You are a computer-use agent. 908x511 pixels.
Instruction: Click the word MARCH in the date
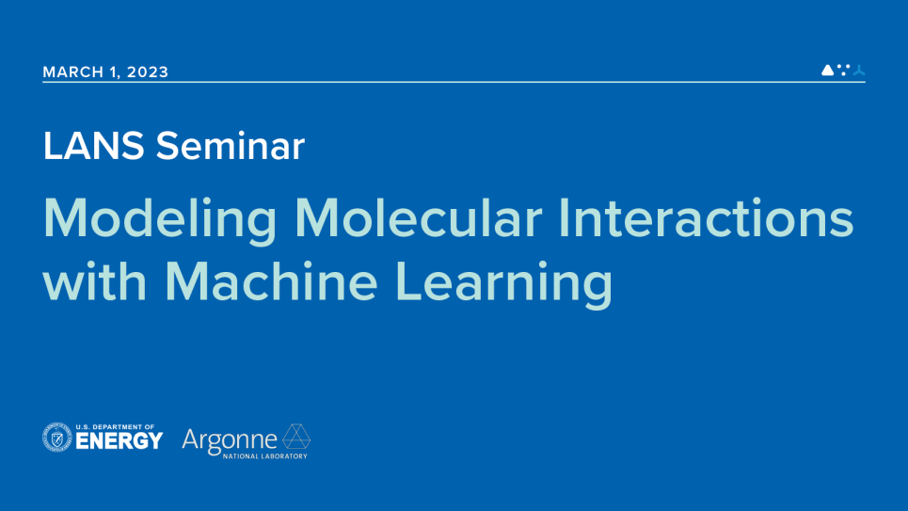tap(74, 72)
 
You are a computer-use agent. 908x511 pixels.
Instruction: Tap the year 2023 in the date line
tap(148, 72)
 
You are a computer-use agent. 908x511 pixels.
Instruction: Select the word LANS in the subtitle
tap(94, 146)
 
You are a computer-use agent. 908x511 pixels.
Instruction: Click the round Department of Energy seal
tap(57, 438)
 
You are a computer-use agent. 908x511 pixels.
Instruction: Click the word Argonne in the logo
tap(230, 439)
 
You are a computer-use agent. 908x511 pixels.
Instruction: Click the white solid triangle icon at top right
tap(827, 70)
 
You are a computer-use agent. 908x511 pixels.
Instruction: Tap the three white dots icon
tap(843, 69)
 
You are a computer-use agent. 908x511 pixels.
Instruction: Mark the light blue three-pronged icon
tap(858, 70)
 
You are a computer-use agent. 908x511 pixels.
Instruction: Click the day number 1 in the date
tap(114, 72)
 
